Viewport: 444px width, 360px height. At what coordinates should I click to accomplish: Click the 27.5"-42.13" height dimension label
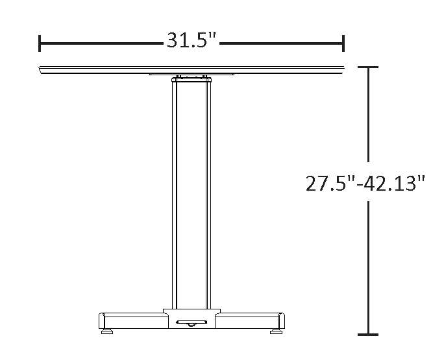366,184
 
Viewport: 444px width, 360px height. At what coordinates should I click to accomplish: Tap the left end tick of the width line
40,43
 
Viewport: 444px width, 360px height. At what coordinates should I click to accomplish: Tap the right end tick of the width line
343,43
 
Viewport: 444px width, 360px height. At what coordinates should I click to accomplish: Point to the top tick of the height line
368,67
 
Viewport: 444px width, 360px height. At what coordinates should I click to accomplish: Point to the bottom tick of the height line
368,335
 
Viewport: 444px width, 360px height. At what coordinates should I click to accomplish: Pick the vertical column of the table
191,195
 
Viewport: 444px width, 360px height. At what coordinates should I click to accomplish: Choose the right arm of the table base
250,321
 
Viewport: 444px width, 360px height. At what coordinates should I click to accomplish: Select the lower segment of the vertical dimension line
368,266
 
